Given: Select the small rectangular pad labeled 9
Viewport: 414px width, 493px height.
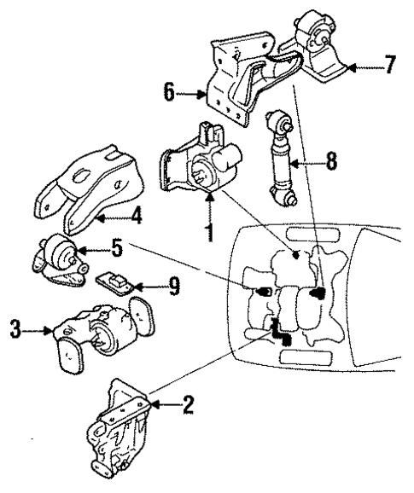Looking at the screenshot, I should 114,282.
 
